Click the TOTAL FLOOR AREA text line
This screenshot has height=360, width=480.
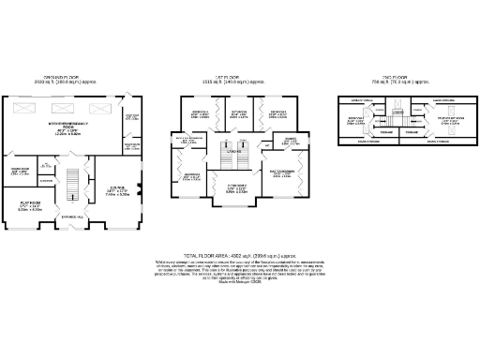239,254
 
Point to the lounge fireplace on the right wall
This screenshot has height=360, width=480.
139,191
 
